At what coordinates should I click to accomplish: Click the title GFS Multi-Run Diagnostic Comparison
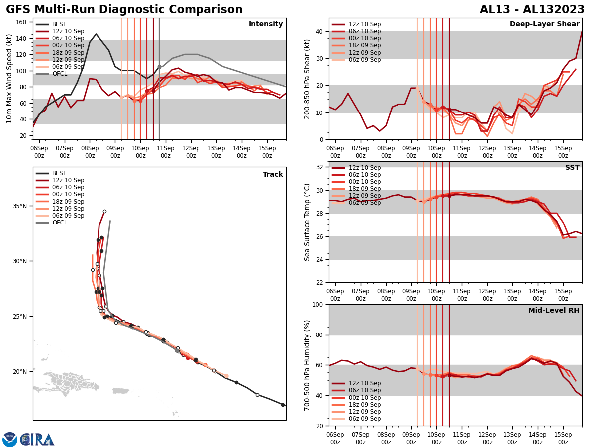[124, 10]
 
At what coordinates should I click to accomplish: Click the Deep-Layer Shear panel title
[544, 24]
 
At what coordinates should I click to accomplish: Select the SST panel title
[572, 168]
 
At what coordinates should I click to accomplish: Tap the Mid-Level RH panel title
[554, 311]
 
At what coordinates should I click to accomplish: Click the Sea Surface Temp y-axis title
[307, 222]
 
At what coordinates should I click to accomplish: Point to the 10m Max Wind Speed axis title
[9, 79]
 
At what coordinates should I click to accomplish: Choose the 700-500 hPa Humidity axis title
[307, 365]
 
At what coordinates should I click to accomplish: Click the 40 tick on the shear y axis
[320, 31]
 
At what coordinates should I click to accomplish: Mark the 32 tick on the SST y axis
[320, 167]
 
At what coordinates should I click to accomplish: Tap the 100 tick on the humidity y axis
[318, 304]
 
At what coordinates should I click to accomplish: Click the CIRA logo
[37, 440]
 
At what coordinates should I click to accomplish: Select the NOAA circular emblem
[10, 440]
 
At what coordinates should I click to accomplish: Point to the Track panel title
[273, 175]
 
